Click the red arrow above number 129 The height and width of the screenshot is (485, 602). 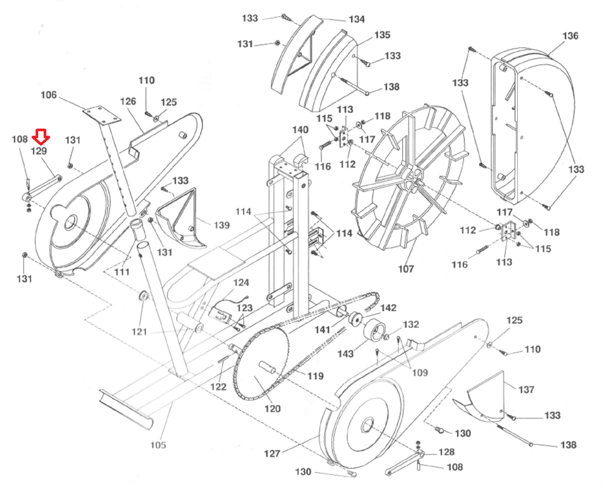pos(41,137)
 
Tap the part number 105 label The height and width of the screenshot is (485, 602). pos(158,445)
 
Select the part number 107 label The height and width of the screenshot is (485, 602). pos(406,269)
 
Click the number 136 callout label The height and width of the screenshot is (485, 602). pos(570,35)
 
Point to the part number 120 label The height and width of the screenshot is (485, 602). pos(272,409)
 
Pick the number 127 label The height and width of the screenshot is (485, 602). pos(272,453)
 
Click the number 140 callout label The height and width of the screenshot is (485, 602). pos(301,130)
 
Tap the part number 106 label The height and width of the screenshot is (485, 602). pos(49,95)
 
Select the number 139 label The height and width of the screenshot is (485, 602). pos(222,225)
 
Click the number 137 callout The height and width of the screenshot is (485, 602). pos(526,389)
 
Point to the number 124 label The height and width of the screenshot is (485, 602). pos(241,282)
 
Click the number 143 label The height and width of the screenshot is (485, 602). pos(346,354)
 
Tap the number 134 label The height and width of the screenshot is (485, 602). pos(357,19)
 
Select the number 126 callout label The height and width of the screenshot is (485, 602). pos(128,101)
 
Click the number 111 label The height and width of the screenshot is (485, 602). pos(122,271)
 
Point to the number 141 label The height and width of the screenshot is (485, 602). pos(322,330)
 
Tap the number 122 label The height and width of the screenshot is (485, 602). pos(218,387)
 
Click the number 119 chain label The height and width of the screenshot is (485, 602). pos(316,376)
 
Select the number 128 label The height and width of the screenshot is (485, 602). pos(447,452)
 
